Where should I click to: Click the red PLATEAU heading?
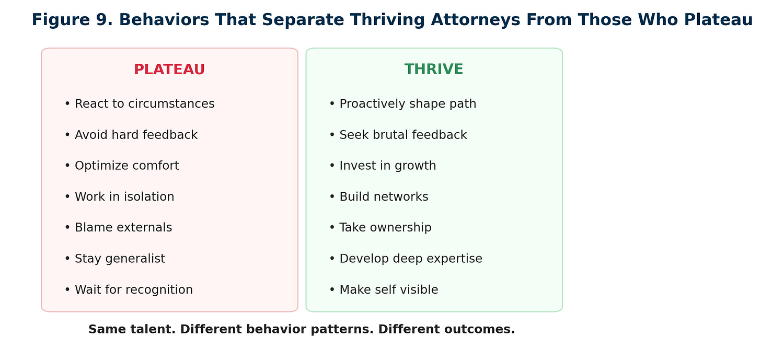[169, 69]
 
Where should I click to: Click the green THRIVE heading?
[434, 69]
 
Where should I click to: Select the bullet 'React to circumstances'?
[140, 103]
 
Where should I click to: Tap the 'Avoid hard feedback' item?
[131, 135]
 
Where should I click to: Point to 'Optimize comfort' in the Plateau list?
[122, 166]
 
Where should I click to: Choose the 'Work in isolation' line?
[120, 196]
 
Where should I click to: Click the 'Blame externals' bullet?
[119, 228]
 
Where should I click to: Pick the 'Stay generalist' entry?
[115, 259]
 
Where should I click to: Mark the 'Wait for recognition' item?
[129, 289]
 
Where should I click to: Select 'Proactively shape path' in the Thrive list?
[403, 103]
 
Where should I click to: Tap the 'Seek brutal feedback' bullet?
[398, 135]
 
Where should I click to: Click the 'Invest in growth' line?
[383, 166]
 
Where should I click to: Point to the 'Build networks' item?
[379, 196]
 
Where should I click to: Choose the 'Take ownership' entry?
[380, 228]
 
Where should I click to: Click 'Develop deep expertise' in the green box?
[406, 259]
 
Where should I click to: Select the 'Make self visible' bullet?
[384, 289]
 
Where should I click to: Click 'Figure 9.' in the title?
[72, 20]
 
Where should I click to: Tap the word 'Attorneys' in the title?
[476, 20]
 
